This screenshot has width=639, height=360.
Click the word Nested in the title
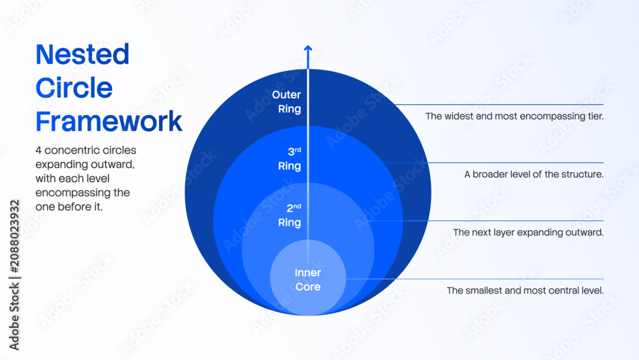point(82,54)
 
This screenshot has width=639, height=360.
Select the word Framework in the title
point(109,121)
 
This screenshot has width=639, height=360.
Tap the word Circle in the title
point(73,88)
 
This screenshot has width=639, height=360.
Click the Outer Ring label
point(286,102)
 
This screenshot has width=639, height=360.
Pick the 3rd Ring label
point(289,159)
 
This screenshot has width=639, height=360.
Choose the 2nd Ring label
point(289,215)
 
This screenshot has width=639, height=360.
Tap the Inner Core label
point(308,279)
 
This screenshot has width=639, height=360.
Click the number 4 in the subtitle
point(38,150)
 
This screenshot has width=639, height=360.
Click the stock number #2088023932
point(15,236)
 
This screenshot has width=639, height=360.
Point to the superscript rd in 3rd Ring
point(298,150)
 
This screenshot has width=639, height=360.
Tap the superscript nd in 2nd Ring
point(297,206)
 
